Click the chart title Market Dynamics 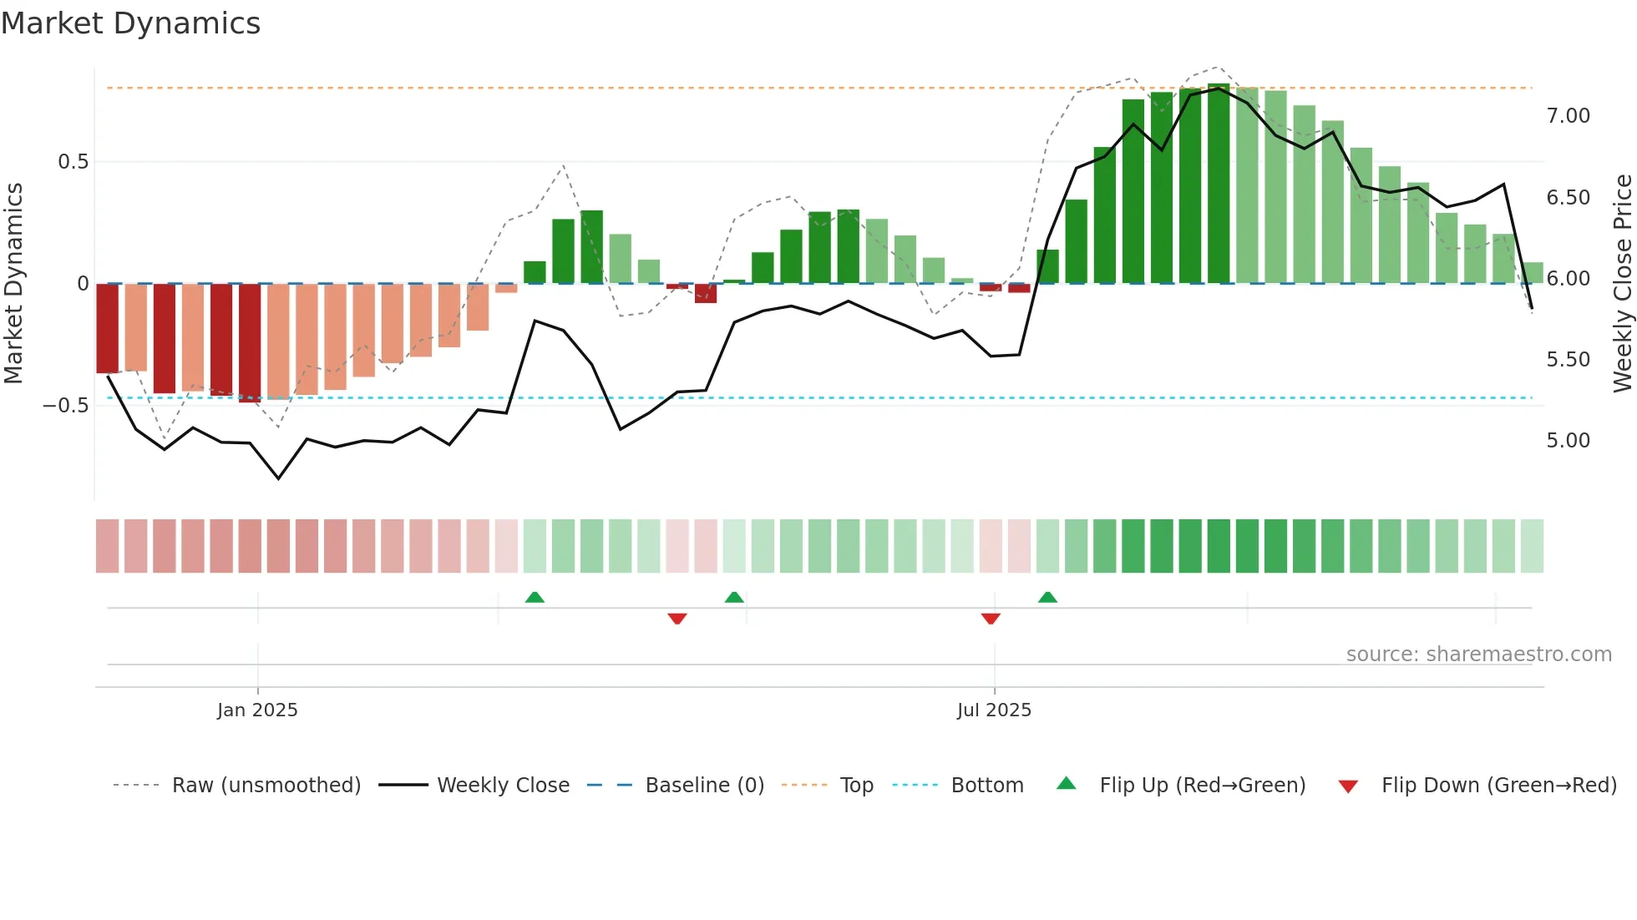[131, 23]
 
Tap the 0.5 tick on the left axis [73, 162]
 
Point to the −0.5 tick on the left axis [66, 406]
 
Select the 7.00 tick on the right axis [1568, 116]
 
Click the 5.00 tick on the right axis [1568, 441]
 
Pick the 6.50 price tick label [1568, 198]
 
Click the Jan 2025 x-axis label [257, 710]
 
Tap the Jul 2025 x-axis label [994, 710]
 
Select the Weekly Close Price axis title [1622, 284]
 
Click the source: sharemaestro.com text [1478, 655]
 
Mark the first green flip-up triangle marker [535, 597]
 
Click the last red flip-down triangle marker [991, 619]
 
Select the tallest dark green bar [1219, 184]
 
